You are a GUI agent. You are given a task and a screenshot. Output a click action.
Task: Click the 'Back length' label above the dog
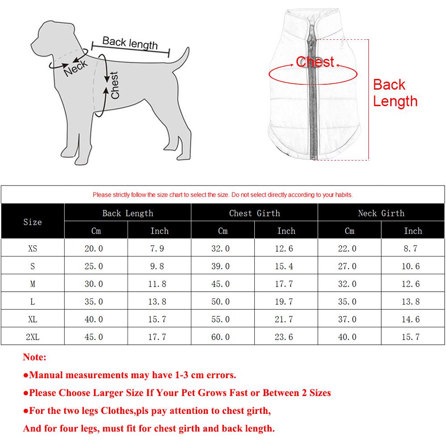(x=130, y=43)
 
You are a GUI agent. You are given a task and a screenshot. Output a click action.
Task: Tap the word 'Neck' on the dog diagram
(x=76, y=68)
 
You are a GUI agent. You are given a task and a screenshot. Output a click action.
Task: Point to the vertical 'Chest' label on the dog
(x=115, y=85)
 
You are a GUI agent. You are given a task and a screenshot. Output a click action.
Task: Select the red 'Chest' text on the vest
(x=315, y=62)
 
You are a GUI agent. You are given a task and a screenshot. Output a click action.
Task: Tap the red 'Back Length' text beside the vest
(x=395, y=93)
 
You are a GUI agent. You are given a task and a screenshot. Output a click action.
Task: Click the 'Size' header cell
(x=33, y=222)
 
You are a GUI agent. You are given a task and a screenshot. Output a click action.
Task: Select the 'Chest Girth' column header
(x=254, y=213)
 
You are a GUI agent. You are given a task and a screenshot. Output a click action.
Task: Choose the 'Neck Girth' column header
(x=381, y=213)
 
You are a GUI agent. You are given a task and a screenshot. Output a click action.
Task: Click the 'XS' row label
(x=33, y=248)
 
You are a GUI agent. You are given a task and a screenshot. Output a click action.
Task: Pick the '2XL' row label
(x=33, y=337)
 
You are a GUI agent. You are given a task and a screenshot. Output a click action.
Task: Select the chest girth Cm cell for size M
(x=220, y=284)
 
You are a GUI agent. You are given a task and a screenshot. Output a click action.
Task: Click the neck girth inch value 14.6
(x=410, y=319)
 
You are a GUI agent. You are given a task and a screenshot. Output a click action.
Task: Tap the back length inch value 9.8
(x=157, y=266)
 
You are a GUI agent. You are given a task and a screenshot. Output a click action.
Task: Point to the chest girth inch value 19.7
(x=284, y=302)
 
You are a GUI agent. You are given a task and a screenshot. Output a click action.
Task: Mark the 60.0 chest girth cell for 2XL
(x=220, y=337)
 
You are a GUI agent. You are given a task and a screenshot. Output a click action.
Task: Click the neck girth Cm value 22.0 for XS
(x=347, y=248)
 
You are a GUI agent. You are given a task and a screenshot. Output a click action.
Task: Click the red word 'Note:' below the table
(x=34, y=357)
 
